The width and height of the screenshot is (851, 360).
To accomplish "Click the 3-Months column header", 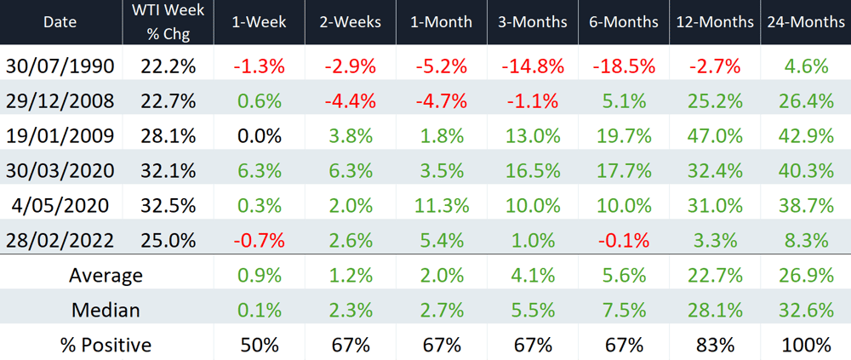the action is pyautogui.click(x=532, y=22).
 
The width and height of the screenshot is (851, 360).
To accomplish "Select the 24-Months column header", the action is pyautogui.click(x=805, y=22).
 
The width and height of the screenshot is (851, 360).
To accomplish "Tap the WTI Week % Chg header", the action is pyautogui.click(x=168, y=22).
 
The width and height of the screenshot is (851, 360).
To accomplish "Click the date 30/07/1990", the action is pyautogui.click(x=60, y=66).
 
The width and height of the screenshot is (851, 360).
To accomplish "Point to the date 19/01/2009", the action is pyautogui.click(x=60, y=136).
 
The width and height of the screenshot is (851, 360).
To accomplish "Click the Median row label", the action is pyautogui.click(x=106, y=310).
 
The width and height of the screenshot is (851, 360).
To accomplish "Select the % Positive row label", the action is pyautogui.click(x=106, y=345).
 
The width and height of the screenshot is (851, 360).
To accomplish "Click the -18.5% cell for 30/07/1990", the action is pyautogui.click(x=623, y=66).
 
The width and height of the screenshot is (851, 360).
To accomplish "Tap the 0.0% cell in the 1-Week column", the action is pyautogui.click(x=260, y=136).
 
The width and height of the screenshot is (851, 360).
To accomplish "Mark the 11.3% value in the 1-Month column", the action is pyautogui.click(x=442, y=205).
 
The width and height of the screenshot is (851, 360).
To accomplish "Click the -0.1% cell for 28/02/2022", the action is pyautogui.click(x=623, y=240).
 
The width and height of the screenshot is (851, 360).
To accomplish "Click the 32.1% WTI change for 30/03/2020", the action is pyautogui.click(x=168, y=170).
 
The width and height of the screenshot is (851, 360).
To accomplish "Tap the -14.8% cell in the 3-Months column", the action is pyautogui.click(x=532, y=66).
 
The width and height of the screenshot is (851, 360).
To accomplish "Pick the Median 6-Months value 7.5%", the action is pyautogui.click(x=623, y=310).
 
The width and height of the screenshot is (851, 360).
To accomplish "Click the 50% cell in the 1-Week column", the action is pyautogui.click(x=260, y=345).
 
